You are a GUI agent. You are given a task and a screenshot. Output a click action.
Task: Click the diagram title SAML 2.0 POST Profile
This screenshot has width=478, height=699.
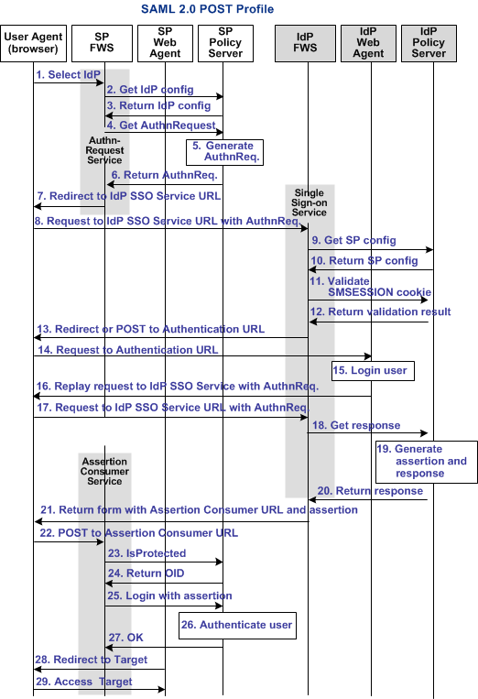[x=207, y=9]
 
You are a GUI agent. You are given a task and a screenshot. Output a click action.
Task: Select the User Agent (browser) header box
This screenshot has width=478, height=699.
[x=32, y=42]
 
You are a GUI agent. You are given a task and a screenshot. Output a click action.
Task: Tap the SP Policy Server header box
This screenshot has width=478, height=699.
[x=226, y=42]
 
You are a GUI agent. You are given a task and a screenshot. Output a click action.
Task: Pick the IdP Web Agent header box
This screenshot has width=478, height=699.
[x=368, y=42]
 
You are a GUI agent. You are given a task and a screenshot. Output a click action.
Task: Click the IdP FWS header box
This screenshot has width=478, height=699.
[x=305, y=42]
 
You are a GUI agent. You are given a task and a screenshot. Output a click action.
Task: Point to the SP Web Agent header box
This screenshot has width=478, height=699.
[x=165, y=42]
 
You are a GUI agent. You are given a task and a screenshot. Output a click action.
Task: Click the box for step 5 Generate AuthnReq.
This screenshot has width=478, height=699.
[x=224, y=151]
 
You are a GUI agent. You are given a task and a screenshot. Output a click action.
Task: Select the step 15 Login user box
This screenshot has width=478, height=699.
[x=371, y=371]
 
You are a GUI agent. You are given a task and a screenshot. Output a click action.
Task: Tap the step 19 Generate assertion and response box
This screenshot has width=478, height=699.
[x=426, y=462]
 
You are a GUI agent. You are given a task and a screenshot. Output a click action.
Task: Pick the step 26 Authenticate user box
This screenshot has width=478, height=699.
[x=236, y=626]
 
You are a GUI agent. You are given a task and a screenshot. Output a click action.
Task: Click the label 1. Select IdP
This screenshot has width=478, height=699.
[x=70, y=74]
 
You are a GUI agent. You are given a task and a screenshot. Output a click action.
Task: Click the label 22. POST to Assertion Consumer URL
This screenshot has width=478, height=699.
[x=138, y=532]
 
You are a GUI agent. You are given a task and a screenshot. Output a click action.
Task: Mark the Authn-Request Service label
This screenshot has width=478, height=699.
[x=104, y=150]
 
